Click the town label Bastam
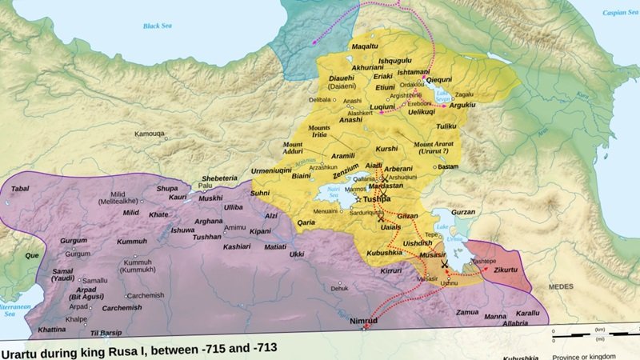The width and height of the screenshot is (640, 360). [x=449, y=166]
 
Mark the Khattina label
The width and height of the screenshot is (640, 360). [x=52, y=329]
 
